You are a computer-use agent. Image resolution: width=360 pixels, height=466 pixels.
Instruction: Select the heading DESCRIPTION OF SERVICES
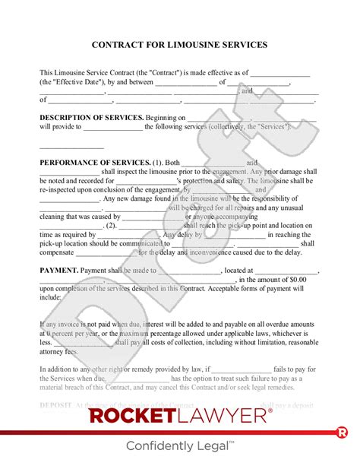point(91,118)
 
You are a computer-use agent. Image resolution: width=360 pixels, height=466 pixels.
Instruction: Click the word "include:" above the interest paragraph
point(51,299)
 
